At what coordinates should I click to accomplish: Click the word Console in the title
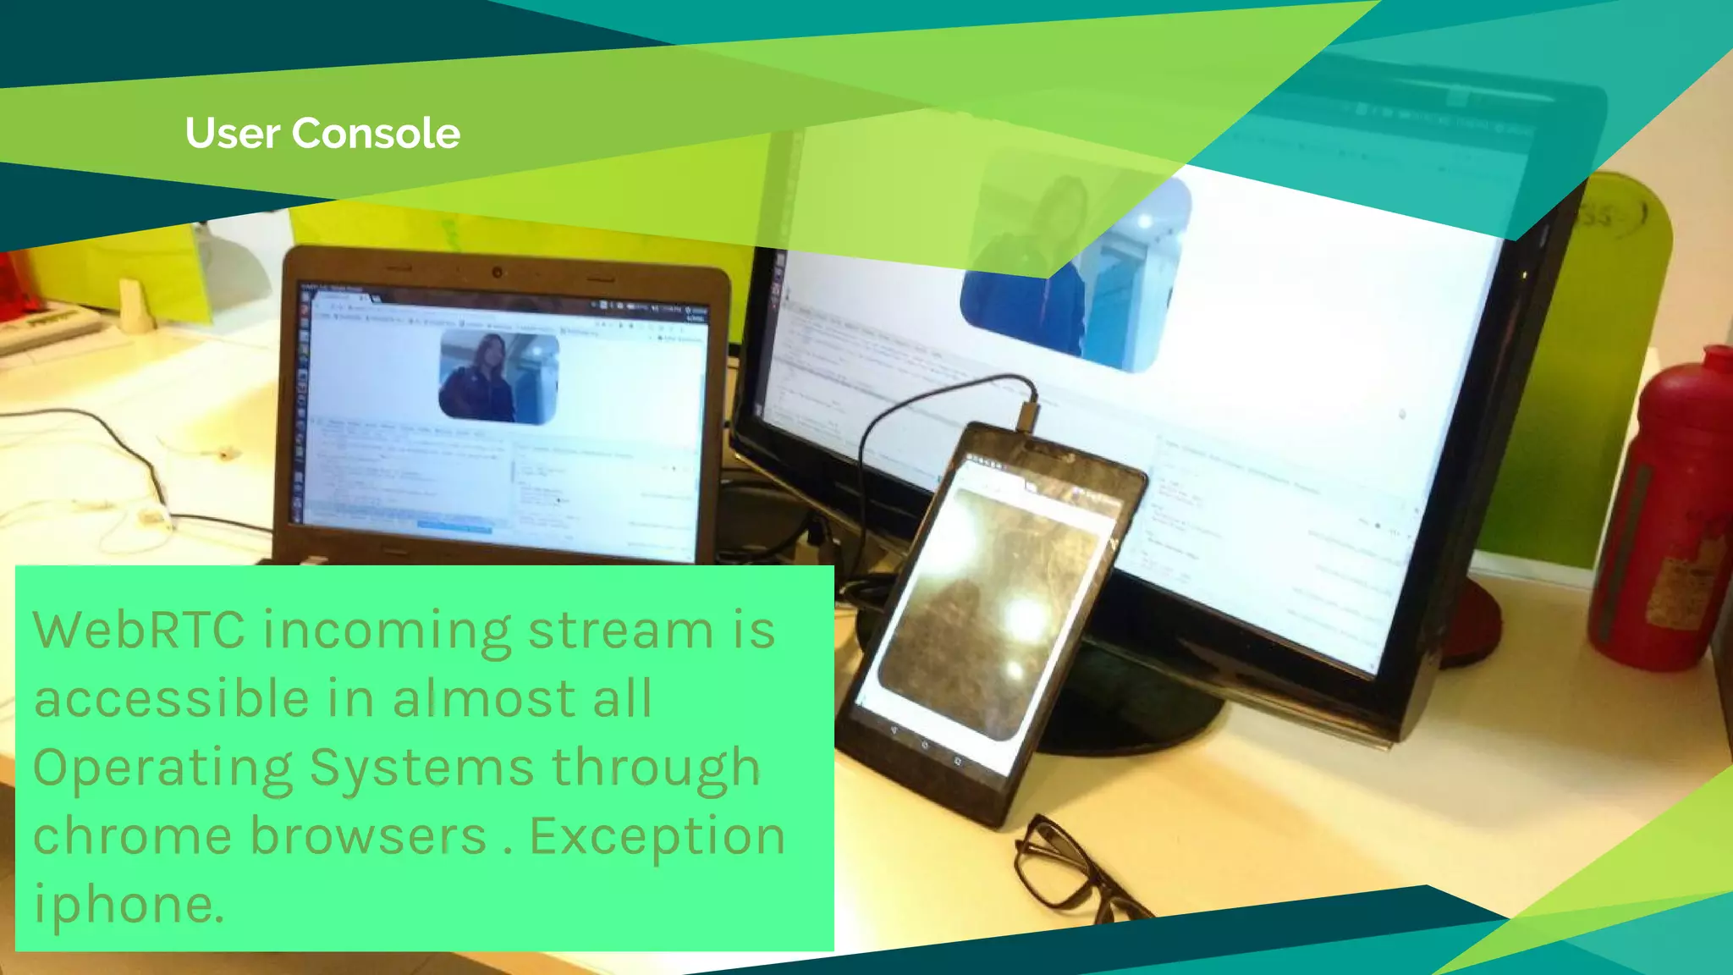(x=377, y=134)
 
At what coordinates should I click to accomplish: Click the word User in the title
(x=232, y=134)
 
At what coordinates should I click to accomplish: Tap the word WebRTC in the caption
(x=139, y=631)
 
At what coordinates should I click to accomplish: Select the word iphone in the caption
(x=127, y=904)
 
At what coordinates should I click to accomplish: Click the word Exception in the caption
(x=657, y=836)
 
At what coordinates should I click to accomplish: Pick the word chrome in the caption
(x=132, y=836)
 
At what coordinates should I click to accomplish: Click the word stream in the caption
(x=621, y=631)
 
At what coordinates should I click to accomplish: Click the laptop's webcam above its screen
(x=498, y=273)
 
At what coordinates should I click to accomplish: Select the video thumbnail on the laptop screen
(x=499, y=377)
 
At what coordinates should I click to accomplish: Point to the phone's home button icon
(x=925, y=745)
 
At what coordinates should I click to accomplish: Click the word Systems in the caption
(x=421, y=768)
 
